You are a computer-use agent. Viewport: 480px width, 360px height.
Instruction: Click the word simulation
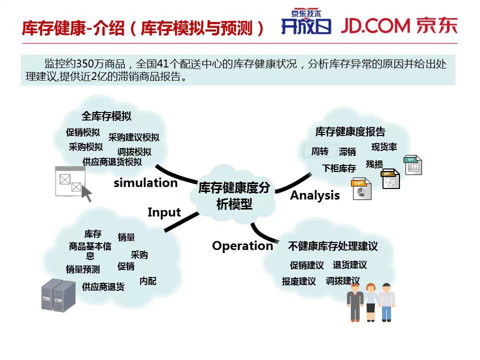pyautogui.click(x=145, y=183)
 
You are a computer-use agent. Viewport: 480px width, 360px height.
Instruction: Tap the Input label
pyautogui.click(x=164, y=212)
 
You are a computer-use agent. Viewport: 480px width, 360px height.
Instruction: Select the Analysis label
pyautogui.click(x=315, y=195)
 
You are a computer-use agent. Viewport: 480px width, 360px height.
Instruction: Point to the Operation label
pyautogui.click(x=242, y=246)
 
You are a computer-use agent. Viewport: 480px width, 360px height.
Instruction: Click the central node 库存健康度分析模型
pyautogui.click(x=234, y=195)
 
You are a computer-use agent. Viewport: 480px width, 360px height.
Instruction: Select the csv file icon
pyautogui.click(x=412, y=165)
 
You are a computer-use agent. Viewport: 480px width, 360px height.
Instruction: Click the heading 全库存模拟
pyautogui.click(x=106, y=116)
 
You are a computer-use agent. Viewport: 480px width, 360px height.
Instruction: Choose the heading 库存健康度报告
pyautogui.click(x=350, y=132)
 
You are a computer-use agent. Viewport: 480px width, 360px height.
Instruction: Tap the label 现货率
pyautogui.click(x=384, y=147)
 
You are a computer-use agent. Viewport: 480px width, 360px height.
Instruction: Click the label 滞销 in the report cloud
pyautogui.click(x=347, y=151)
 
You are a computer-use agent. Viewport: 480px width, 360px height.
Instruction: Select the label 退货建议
pyautogui.click(x=349, y=265)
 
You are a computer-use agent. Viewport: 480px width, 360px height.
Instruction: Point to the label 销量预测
pyautogui.click(x=82, y=269)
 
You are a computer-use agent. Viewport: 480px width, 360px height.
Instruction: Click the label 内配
pyautogui.click(x=148, y=281)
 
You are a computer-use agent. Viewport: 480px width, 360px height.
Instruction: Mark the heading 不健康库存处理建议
pyautogui.click(x=332, y=246)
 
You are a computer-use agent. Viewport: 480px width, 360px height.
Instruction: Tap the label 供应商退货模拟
pyautogui.click(x=112, y=162)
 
